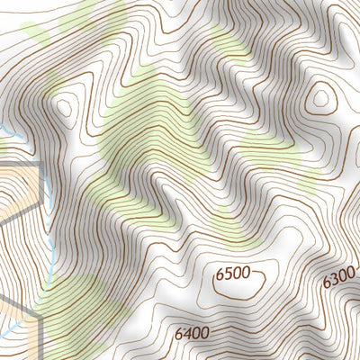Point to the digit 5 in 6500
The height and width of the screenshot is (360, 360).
click(x=229, y=275)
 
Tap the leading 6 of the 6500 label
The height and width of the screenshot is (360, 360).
click(x=220, y=275)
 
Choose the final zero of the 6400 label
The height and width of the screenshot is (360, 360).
click(x=206, y=333)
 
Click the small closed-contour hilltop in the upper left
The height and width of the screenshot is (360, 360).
click(x=63, y=108)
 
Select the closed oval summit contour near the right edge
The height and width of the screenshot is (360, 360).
click(x=319, y=97)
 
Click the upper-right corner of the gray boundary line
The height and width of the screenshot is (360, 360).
click(x=41, y=167)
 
